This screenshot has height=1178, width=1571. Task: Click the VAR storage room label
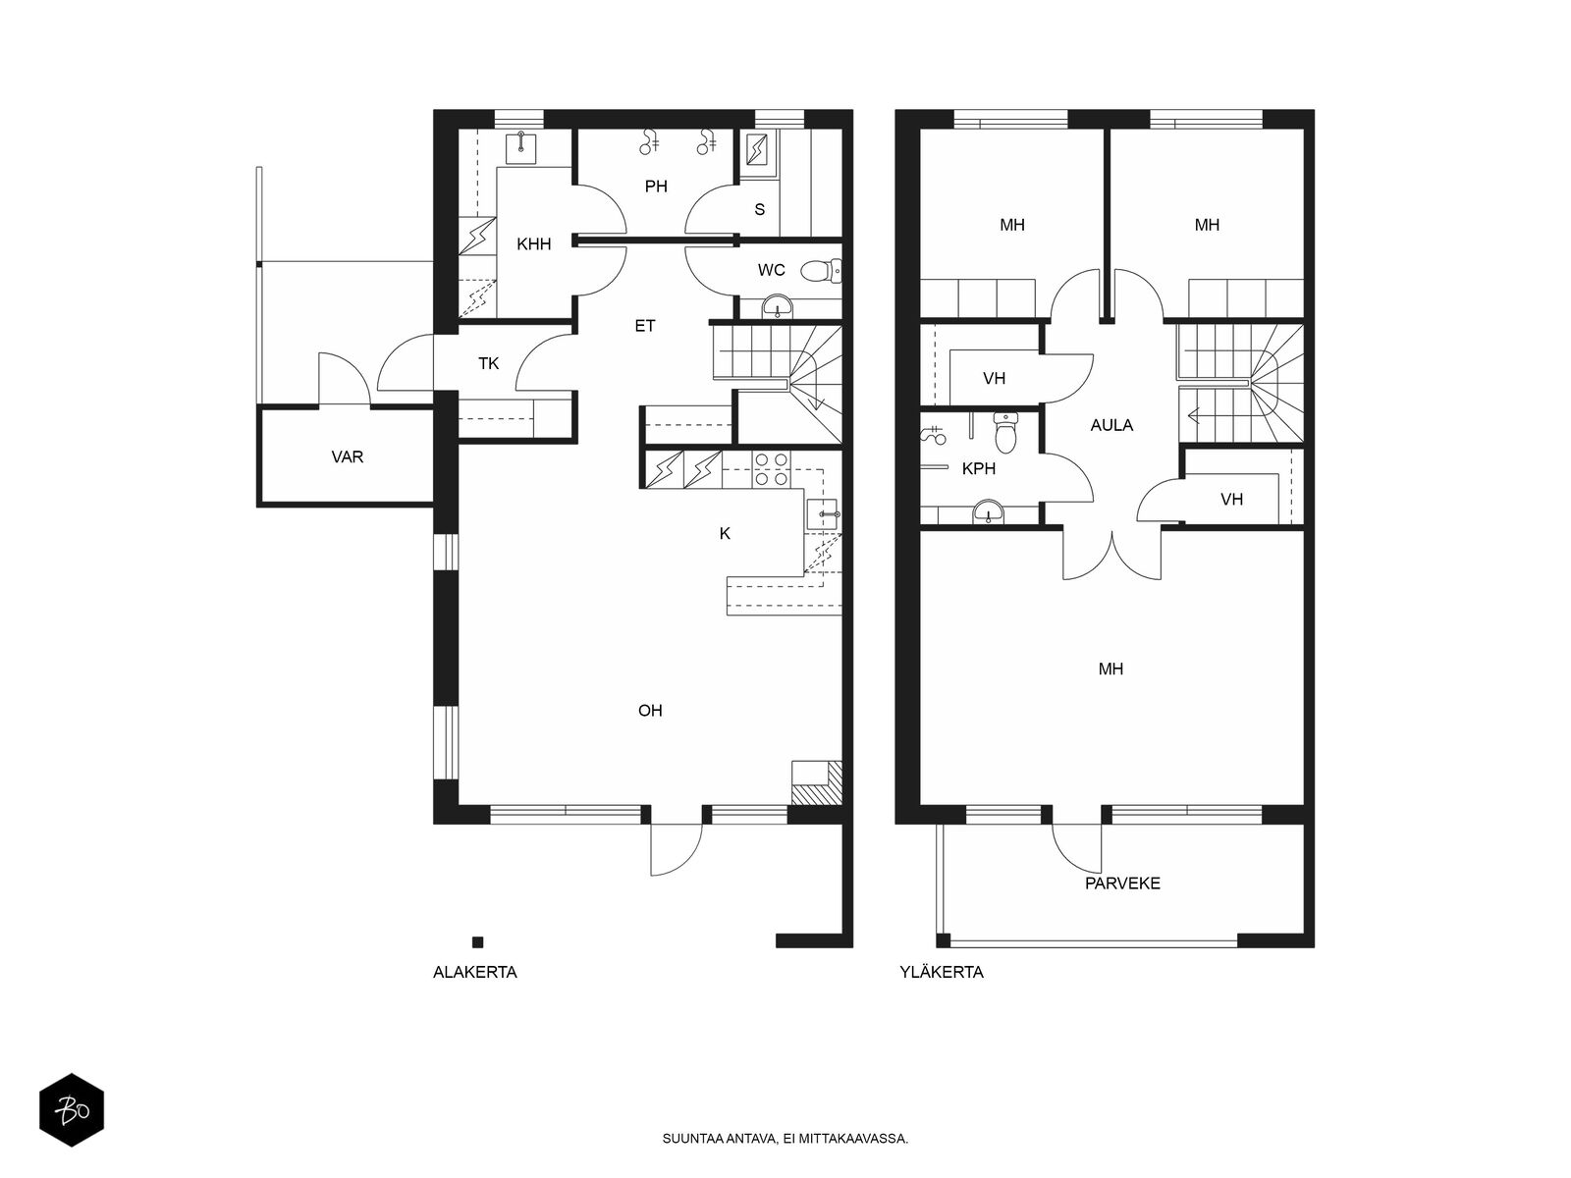pyautogui.click(x=348, y=457)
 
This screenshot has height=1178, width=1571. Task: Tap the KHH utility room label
pyautogui.click(x=534, y=243)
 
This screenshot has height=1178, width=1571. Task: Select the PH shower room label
pyautogui.click(x=656, y=187)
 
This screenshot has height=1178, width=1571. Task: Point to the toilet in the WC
pyautogui.click(x=820, y=270)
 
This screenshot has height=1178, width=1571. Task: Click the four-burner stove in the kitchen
pyautogui.click(x=773, y=469)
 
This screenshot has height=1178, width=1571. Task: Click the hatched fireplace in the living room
pyautogui.click(x=816, y=783)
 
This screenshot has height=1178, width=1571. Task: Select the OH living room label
pyautogui.click(x=650, y=711)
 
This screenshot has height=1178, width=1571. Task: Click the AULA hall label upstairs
pyautogui.click(x=1111, y=426)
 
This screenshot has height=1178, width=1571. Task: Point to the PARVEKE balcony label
pyautogui.click(x=1122, y=884)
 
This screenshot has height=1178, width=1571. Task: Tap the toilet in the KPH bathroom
pyautogui.click(x=1005, y=433)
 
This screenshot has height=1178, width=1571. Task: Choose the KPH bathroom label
pyautogui.click(x=978, y=469)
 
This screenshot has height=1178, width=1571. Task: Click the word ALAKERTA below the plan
pyautogui.click(x=474, y=973)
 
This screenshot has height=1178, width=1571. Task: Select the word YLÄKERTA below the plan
pyautogui.click(x=942, y=973)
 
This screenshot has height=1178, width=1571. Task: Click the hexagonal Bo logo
pyautogui.click(x=72, y=1110)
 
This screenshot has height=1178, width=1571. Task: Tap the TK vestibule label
pyautogui.click(x=488, y=364)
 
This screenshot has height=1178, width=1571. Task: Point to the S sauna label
pyautogui.click(x=759, y=209)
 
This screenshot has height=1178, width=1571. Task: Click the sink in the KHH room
pyautogui.click(x=521, y=147)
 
